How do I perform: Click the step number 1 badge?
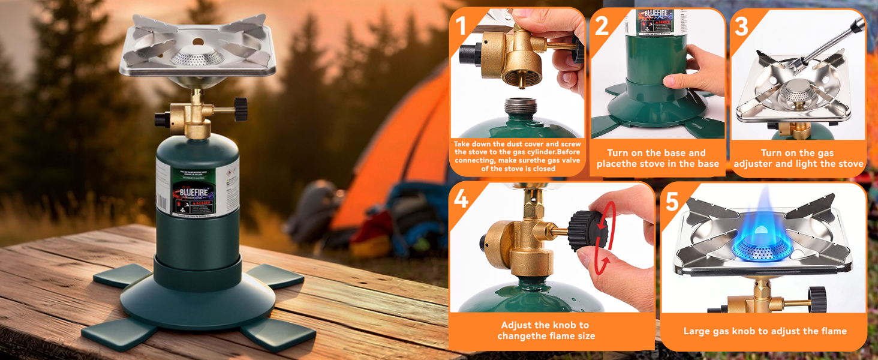[x=461, y=26]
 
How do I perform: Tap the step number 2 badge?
[x=602, y=26]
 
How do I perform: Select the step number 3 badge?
[x=741, y=26]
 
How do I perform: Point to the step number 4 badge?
[x=461, y=199]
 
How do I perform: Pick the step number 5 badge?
[x=672, y=202]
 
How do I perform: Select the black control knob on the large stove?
[x=240, y=109]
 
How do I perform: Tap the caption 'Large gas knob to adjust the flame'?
[x=765, y=331]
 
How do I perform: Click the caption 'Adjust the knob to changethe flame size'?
[x=546, y=331]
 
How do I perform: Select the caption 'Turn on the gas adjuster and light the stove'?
[x=798, y=158]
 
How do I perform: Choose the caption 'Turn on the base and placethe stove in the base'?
[x=657, y=158]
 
